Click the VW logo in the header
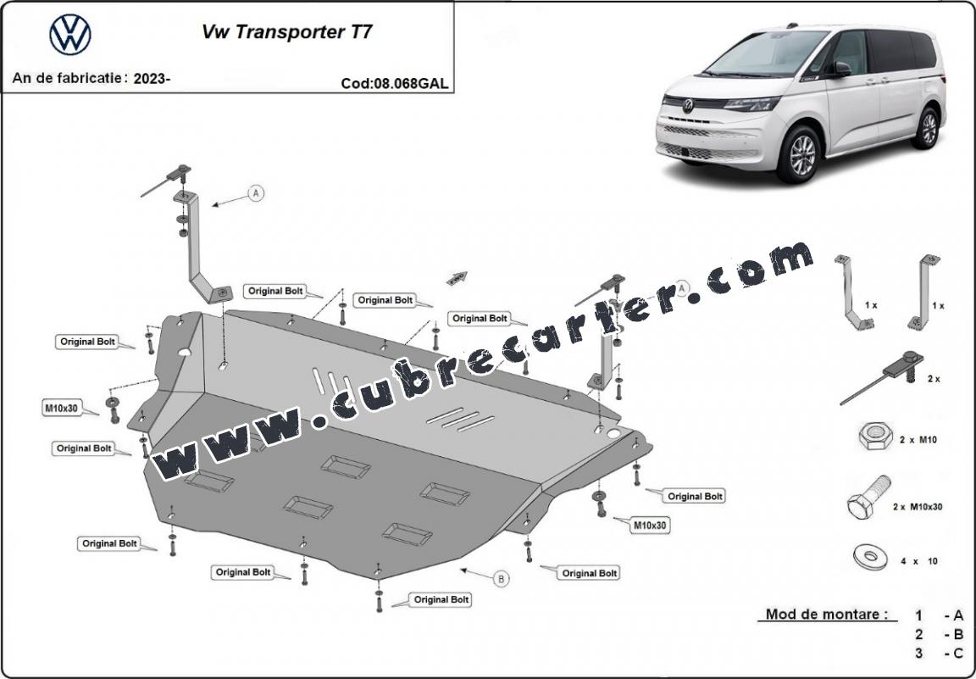click(x=70, y=35)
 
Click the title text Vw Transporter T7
click(x=287, y=32)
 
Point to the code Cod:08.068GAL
click(x=394, y=83)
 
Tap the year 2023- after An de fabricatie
click(x=152, y=79)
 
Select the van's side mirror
click(x=841, y=69)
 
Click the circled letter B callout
click(x=501, y=579)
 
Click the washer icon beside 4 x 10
click(x=869, y=556)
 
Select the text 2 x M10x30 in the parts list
click(x=918, y=507)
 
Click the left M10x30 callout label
click(x=61, y=409)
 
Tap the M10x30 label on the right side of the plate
click(x=650, y=526)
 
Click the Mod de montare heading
click(x=827, y=615)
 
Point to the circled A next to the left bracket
click(x=256, y=193)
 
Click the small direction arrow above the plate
click(x=457, y=278)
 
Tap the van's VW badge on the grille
click(x=687, y=106)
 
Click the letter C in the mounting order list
click(x=958, y=654)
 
